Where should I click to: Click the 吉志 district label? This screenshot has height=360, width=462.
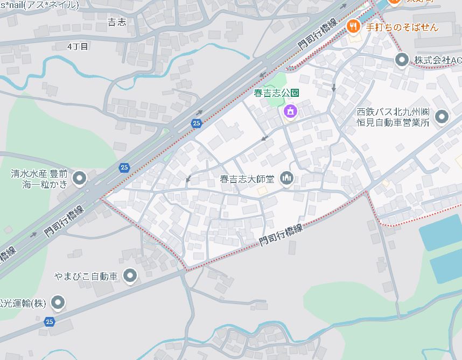117,22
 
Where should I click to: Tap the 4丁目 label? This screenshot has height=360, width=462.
78,47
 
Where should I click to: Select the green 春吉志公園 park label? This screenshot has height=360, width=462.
277,93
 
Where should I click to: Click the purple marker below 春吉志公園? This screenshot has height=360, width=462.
290,111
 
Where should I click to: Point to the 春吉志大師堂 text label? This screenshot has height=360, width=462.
247,178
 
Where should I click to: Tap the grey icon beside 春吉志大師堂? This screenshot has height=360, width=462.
286,178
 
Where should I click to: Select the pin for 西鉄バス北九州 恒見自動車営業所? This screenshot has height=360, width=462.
442,116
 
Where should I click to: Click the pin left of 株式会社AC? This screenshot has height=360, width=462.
401,60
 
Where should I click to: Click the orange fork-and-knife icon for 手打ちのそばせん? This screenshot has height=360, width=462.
353,25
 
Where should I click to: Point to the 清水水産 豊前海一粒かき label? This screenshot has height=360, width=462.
39,179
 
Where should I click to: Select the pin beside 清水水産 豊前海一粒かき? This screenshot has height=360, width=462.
80,178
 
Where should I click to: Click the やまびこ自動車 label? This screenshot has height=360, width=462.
86,277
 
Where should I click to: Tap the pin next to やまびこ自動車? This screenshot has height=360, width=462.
130,277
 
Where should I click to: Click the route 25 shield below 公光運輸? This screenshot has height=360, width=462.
50,322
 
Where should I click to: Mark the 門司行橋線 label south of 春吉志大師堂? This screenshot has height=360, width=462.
281,235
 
